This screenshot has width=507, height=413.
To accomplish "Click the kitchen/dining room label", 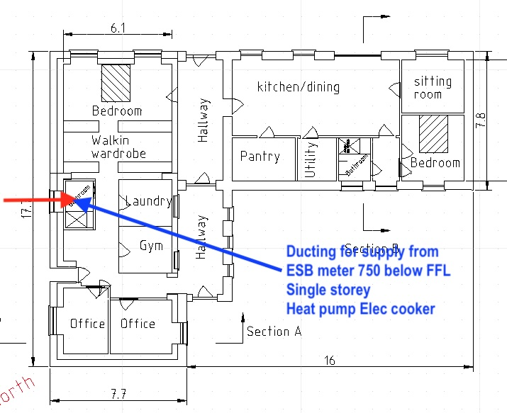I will coord(298,87).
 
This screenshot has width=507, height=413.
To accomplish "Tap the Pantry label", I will coord(260,157).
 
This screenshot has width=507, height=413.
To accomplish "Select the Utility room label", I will coord(310,159).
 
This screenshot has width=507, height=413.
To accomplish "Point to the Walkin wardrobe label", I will coord(118,147).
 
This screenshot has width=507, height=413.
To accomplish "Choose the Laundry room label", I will coord(148,202).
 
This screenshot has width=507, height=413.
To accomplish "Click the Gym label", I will coord(151,246).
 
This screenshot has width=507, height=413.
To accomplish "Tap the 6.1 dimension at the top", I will coord(118,28).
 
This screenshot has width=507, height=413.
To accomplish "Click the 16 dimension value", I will coord(329,360).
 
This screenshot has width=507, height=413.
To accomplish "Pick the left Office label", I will coord(87,324).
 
